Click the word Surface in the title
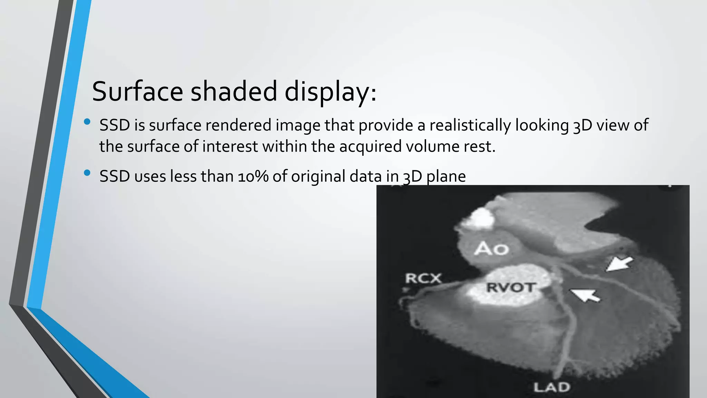click(x=137, y=91)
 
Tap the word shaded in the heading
click(x=234, y=91)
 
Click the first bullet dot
click(x=87, y=122)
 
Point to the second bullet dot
click(x=87, y=173)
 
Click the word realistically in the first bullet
click(x=470, y=125)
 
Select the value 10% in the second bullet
click(x=253, y=177)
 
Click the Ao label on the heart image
click(x=492, y=249)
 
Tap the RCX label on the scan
click(x=423, y=278)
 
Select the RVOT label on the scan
click(x=511, y=287)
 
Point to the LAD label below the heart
click(x=551, y=387)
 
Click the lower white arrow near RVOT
click(x=585, y=295)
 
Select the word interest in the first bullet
click(x=230, y=146)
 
